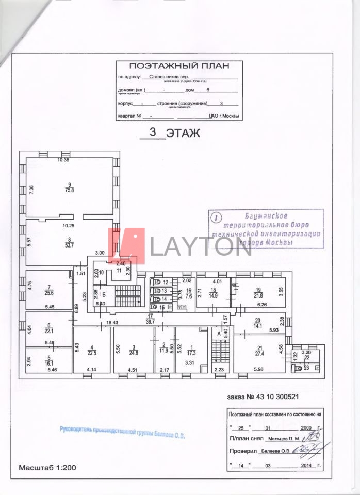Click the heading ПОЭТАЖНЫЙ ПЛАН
pyautogui.click(x=178, y=66)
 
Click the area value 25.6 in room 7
pyautogui.click(x=50, y=293)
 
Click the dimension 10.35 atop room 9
pyautogui.click(x=63, y=160)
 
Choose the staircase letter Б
pyautogui.click(x=104, y=295)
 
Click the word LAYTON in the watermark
pyautogui.click(x=201, y=246)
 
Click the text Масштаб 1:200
pyautogui.click(x=47, y=468)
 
